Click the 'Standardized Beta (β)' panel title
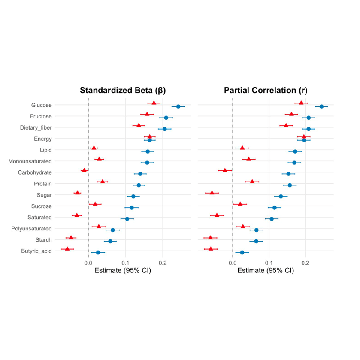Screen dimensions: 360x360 [123, 91]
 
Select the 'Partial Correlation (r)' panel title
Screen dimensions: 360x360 [266, 91]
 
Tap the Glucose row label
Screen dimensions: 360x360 [42, 105]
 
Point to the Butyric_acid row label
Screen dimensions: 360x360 [36, 251]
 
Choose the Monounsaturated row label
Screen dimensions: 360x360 [30, 161]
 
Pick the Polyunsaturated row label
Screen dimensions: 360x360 [31, 229]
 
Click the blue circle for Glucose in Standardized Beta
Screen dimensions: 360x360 [178, 106]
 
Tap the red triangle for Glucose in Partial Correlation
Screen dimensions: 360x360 [301, 103]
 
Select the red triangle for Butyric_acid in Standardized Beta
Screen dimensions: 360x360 [67, 249]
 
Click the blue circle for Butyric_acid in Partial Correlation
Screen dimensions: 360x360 [242, 252]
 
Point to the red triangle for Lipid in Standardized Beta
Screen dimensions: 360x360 [94, 148]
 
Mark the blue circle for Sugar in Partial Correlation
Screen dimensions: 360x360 [281, 197]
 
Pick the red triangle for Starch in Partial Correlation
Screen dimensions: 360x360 [210, 237]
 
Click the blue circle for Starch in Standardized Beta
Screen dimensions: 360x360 [110, 241]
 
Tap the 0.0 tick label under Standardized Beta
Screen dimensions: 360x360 [88, 262]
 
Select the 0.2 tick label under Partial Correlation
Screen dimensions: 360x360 [305, 262]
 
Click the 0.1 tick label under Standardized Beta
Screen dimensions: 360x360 [125, 262]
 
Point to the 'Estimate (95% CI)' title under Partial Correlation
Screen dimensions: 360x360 [266, 271]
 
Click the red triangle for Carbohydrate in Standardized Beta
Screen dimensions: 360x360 [85, 170]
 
